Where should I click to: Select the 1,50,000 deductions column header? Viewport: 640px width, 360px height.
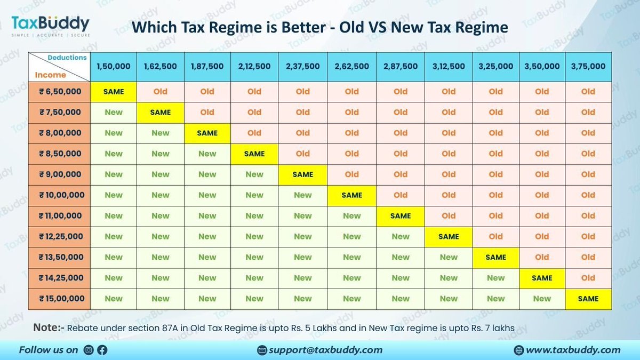(x=113, y=66)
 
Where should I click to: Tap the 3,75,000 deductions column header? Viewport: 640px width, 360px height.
(x=588, y=66)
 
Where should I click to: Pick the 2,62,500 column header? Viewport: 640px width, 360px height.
(x=351, y=66)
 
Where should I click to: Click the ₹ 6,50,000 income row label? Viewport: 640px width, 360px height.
(x=59, y=92)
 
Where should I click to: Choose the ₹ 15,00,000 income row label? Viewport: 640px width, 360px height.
(x=59, y=299)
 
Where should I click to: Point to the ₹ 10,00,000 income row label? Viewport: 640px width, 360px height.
(x=59, y=195)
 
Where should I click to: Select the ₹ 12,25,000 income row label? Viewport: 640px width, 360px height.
(x=59, y=237)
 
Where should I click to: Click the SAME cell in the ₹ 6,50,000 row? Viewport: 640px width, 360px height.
(x=113, y=92)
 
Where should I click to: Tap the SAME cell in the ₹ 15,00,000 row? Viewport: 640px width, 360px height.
(x=588, y=299)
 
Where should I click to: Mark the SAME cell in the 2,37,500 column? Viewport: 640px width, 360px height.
(x=302, y=174)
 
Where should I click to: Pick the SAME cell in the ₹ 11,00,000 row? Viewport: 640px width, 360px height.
(x=400, y=216)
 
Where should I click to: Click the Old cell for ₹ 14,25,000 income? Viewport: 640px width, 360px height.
(x=588, y=278)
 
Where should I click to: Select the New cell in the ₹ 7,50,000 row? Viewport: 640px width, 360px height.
(x=113, y=113)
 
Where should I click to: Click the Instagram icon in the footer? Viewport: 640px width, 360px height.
(x=89, y=350)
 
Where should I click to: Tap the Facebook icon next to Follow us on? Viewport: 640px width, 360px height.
(x=102, y=350)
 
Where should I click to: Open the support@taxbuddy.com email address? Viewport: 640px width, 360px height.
(x=325, y=350)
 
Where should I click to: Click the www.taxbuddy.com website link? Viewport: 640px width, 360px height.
(x=573, y=350)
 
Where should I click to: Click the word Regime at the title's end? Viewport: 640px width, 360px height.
(x=478, y=27)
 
